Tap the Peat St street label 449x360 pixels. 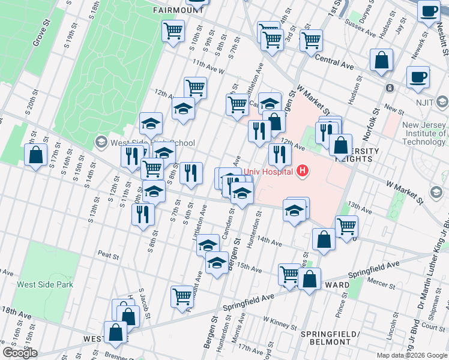click(108, 254)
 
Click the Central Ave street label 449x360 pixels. click(334, 62)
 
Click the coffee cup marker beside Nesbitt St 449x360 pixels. click(429, 12)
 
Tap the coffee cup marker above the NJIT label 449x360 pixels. click(418, 77)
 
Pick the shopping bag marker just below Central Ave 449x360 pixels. click(381, 60)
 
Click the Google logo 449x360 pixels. click(20, 353)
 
